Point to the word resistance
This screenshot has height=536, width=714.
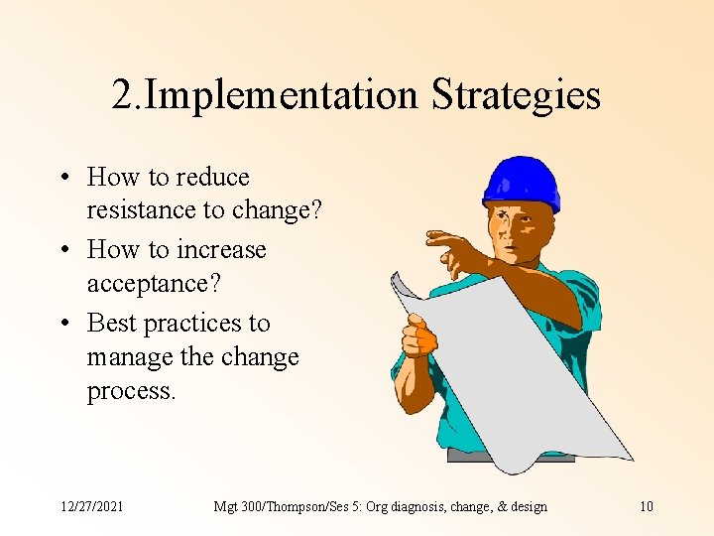click(x=142, y=210)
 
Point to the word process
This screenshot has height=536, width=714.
click(x=131, y=390)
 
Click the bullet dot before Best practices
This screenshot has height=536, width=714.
click(x=63, y=324)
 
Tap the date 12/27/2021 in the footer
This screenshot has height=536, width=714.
click(x=91, y=506)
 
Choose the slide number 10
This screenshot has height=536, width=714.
click(x=646, y=506)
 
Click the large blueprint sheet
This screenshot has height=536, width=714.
click(x=526, y=377)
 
